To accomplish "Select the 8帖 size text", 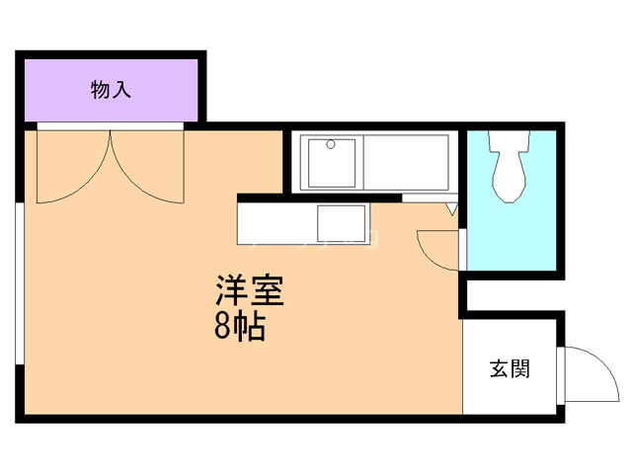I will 240,327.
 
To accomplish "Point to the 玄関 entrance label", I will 510,370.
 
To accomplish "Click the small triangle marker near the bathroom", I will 451,208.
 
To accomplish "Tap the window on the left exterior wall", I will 19,286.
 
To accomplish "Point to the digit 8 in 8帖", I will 223,327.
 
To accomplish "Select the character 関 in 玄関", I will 520,370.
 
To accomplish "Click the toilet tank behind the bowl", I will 511,142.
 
